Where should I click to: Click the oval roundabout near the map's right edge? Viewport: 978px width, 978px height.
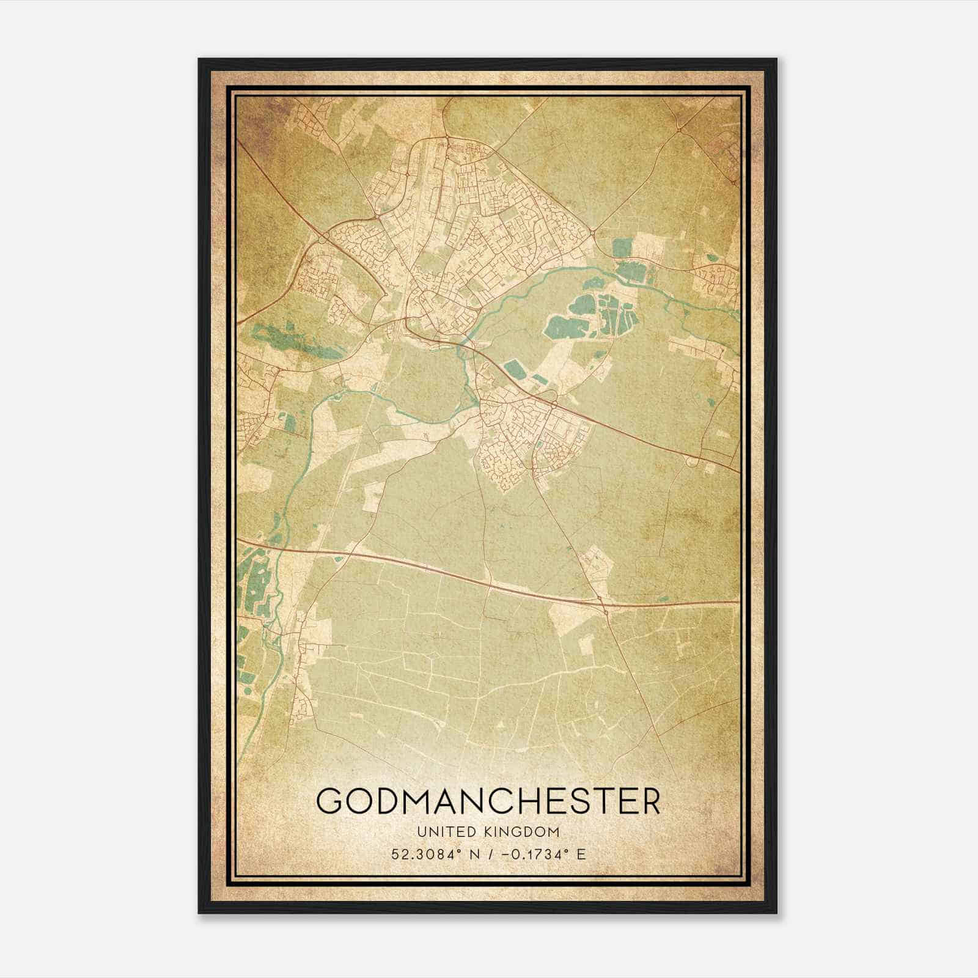tap(693, 463)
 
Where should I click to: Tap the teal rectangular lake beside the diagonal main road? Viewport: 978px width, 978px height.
tap(514, 369)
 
